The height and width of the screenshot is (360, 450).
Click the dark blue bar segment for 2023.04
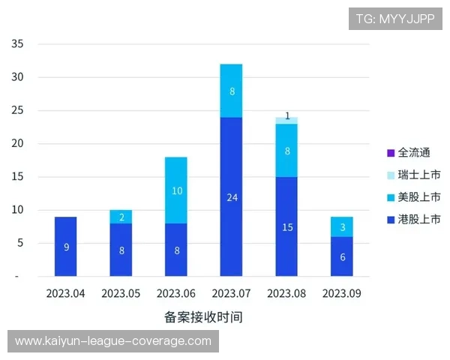pyautogui.click(x=66, y=246)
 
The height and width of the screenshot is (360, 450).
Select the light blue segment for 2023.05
pyautogui.click(x=121, y=216)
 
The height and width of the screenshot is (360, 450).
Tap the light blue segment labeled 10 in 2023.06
pyautogui.click(x=176, y=190)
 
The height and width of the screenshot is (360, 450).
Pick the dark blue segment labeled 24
pyautogui.click(x=231, y=196)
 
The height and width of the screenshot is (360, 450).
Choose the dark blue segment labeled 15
pyautogui.click(x=286, y=226)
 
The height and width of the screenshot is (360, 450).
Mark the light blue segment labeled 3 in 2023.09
pyautogui.click(x=342, y=226)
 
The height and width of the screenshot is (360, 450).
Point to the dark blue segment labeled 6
pyautogui.click(x=342, y=256)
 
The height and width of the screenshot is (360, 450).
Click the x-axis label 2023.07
pyautogui.click(x=231, y=294)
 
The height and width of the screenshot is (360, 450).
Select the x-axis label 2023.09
pyautogui.click(x=342, y=294)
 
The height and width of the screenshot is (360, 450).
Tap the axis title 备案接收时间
pyautogui.click(x=203, y=316)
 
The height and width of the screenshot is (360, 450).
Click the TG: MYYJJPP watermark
pyautogui.click(x=395, y=19)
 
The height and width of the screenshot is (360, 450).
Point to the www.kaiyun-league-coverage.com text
pyautogui.click(x=113, y=341)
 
